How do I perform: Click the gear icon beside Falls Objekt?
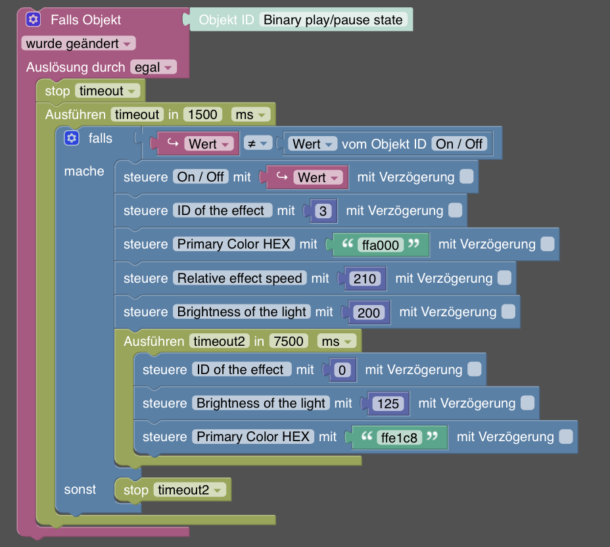click(x=34, y=19)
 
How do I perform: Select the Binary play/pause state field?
click(x=333, y=20)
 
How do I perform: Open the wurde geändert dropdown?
click(x=78, y=43)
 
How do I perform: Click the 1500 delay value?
click(x=202, y=114)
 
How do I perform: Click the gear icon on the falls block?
click(x=71, y=138)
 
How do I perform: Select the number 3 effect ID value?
click(x=322, y=211)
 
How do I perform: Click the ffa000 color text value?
click(x=381, y=245)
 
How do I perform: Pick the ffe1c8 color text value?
click(x=400, y=437)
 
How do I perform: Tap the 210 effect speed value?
click(x=364, y=279)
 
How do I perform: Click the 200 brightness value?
click(x=368, y=312)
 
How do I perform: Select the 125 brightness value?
click(x=388, y=404)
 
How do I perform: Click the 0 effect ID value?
click(x=341, y=370)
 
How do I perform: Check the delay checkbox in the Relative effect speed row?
click(x=504, y=278)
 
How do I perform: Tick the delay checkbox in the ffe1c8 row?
click(x=565, y=437)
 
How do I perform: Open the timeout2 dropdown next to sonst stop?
click(x=190, y=490)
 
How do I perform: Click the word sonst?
click(x=80, y=489)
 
